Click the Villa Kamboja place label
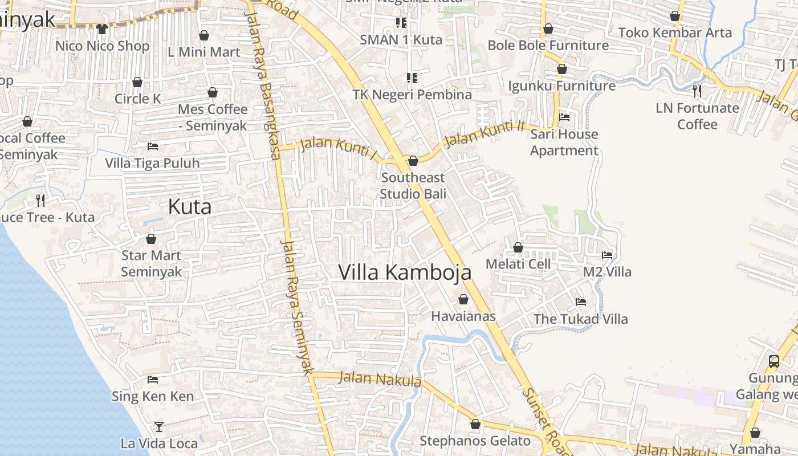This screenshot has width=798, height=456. tap(405, 272)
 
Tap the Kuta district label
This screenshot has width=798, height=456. tap(189, 207)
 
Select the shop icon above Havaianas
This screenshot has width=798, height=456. tap(463, 299)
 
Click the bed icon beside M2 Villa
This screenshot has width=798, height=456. tap(607, 255)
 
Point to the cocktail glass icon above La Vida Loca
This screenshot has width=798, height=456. tap(159, 426)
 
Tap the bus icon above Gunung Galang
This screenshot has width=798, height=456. tap(773, 361)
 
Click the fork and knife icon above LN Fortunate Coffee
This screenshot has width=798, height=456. tap(697, 90)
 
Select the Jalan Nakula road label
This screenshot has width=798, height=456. tap(380, 378)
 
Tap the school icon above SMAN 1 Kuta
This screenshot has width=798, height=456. tap(401, 23)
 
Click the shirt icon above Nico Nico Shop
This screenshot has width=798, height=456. tap(102, 28)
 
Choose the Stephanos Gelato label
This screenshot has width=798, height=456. tap(475, 441)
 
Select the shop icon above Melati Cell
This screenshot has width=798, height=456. tap(518, 247)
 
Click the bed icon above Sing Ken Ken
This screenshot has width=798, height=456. tap(152, 379)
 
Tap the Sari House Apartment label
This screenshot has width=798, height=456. tap(564, 142)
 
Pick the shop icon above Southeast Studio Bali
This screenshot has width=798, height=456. tap(413, 161)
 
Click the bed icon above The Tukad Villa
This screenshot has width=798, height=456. tap(581, 302)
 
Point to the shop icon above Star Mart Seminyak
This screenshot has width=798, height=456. tap(151, 239)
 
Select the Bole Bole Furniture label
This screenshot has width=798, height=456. tap(548, 45)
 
